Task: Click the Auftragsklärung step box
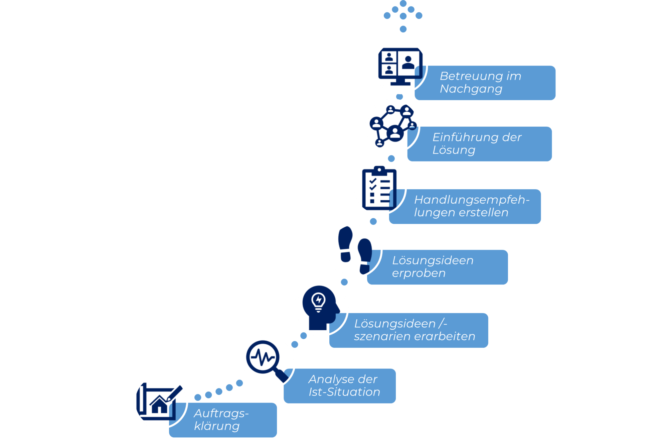(223, 420)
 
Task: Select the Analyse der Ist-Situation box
(340, 386)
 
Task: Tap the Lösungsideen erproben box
(438, 267)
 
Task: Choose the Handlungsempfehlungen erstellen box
(465, 206)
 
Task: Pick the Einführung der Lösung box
(480, 144)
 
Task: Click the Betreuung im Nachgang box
(485, 83)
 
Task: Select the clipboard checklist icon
(379, 189)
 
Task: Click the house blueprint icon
(158, 402)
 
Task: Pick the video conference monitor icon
(400, 66)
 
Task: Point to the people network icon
(392, 125)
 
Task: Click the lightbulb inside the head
(318, 301)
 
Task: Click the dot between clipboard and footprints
(373, 221)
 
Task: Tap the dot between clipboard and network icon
(391, 158)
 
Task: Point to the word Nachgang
(471, 89)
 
